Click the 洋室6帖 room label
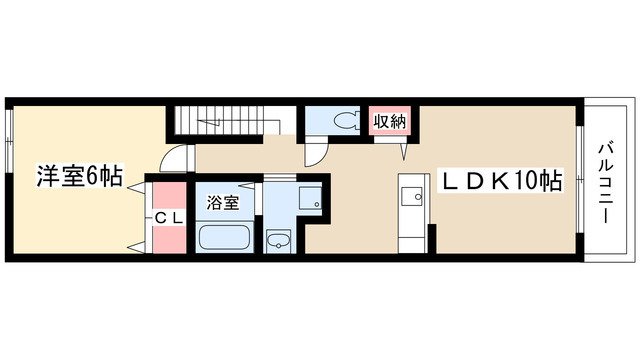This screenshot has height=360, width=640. coord(80,176)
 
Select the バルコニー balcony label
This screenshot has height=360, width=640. coord(605,183)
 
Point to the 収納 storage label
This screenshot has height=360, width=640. coord(390,121)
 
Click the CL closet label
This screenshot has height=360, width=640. coord(169,219)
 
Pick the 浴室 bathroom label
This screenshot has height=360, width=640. coord(222,202)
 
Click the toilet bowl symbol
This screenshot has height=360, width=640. coord(347,120)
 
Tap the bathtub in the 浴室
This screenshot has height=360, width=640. coord(224,237)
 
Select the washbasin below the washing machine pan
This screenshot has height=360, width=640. coord(278,241)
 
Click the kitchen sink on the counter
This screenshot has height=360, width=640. coord(412,196)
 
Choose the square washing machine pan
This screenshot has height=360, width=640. coord(310,198)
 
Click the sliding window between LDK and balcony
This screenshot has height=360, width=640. coord(580,179)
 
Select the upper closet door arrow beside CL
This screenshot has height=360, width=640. coord(137,187)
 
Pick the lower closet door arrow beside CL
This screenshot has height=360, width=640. coord(137,247)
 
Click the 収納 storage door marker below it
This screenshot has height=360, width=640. coord(404,151)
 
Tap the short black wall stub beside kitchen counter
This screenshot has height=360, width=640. coord(432,239)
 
